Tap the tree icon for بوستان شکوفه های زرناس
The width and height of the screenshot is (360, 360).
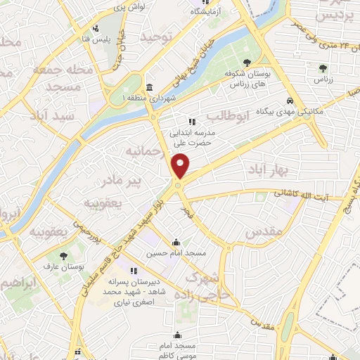coord(247,62)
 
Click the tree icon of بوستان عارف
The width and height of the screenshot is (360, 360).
coord(64,257)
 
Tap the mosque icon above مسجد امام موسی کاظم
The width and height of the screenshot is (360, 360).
coord(177,335)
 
